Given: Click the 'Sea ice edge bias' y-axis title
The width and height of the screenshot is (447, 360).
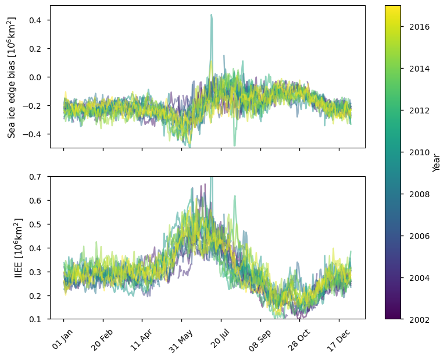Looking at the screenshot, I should coord(12,77).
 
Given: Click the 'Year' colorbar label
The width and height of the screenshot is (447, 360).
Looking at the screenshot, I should coord(436,162).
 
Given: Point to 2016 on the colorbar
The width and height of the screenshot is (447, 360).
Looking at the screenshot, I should coord(416,27).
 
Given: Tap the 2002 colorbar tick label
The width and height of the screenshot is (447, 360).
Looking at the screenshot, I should coord(416,319).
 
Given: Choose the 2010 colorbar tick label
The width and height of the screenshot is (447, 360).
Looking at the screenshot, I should coord(416,152).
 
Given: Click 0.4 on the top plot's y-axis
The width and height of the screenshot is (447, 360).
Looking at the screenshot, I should coord(37,20).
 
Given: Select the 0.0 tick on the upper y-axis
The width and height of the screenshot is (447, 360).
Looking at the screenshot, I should coord(37,77).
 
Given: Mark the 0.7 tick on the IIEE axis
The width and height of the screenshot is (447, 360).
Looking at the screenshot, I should coord(37,176).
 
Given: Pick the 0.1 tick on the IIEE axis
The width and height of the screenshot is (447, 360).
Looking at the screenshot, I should coord(37,319).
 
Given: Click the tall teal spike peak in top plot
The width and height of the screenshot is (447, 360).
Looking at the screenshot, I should coord(211,15).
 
